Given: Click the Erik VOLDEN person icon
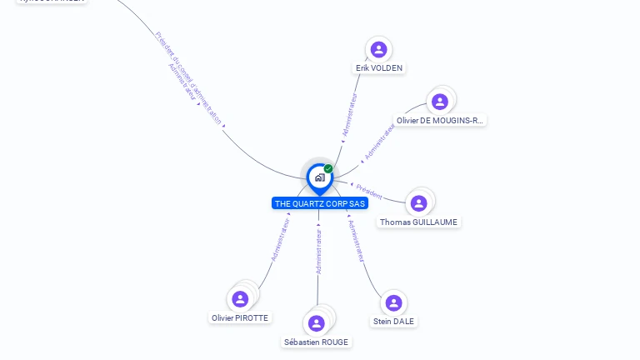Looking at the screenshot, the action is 379,49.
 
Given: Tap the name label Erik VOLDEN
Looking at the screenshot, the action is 380,68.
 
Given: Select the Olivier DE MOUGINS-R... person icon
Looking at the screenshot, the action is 439,102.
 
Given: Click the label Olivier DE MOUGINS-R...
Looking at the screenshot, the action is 440,121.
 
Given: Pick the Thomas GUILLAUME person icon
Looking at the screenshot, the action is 419,203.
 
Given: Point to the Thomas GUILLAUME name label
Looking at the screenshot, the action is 418,222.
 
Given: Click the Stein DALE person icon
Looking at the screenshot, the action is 393,302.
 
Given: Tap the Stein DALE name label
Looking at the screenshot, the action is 393,322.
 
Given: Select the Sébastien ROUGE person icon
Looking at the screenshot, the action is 317,323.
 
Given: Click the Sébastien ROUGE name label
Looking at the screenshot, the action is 317,342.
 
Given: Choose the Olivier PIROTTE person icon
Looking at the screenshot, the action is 241,298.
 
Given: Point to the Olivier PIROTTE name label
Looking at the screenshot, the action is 240,318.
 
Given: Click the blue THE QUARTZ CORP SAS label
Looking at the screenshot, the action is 320,203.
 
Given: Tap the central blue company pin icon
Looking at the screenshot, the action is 319,177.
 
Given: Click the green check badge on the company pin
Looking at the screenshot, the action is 328,169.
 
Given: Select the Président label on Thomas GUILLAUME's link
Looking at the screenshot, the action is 369,192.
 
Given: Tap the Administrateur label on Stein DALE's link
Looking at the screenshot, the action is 356,241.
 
